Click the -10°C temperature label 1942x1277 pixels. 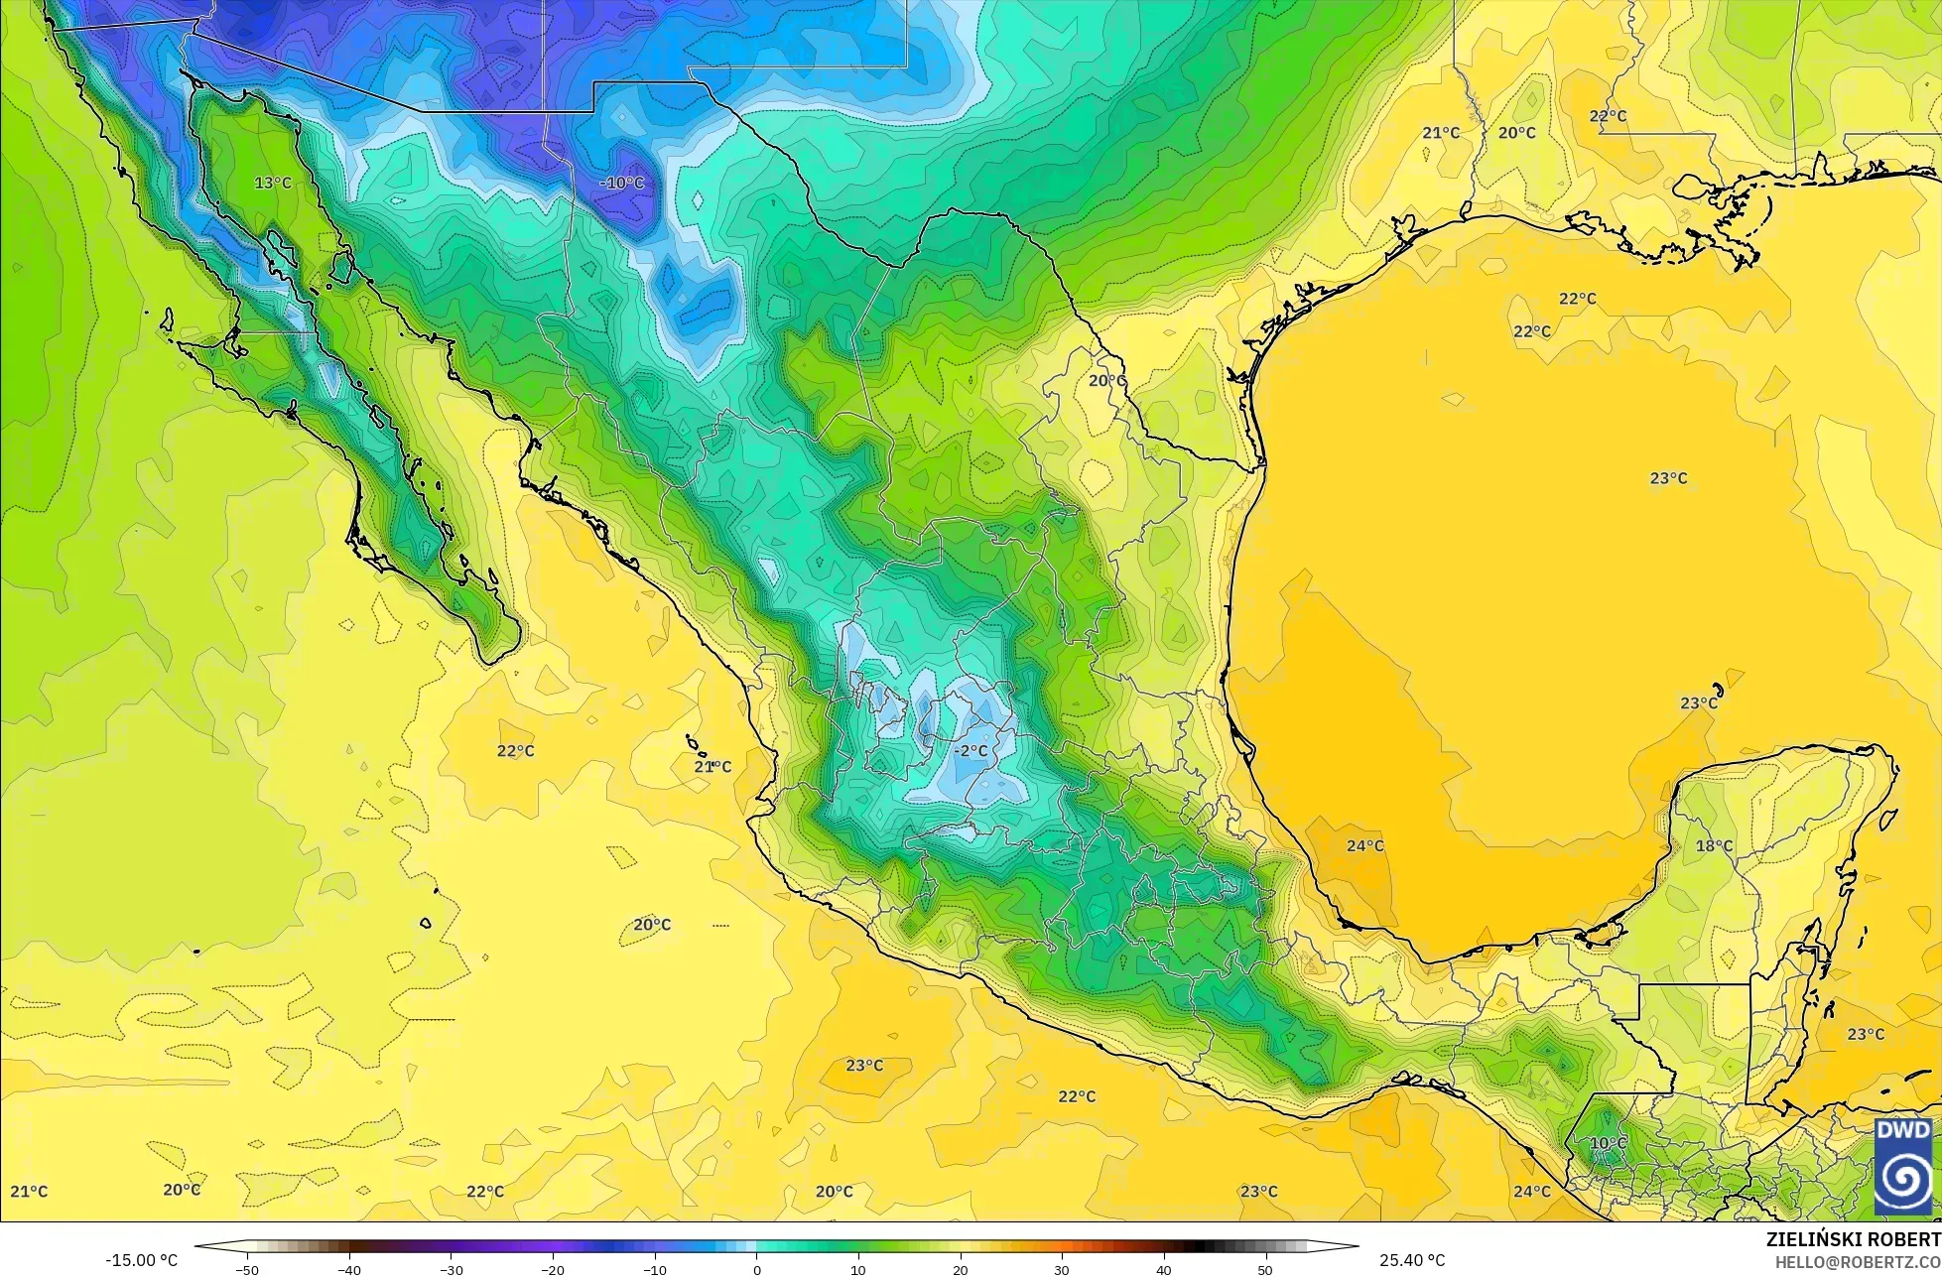(622, 184)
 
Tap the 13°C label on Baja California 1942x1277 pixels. (273, 184)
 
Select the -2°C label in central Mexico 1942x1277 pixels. (971, 751)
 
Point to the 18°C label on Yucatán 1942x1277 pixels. (1714, 846)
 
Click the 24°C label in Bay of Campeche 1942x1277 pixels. (1365, 846)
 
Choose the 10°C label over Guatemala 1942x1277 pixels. (1609, 1143)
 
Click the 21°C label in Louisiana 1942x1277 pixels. (1441, 133)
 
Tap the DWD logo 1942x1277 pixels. (1903, 1167)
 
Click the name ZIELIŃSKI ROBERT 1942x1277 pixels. (1853, 1239)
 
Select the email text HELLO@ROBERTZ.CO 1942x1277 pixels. (1858, 1262)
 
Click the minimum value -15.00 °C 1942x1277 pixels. (141, 1260)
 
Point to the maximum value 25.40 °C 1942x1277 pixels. (1412, 1260)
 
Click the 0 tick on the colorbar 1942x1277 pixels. (756, 1269)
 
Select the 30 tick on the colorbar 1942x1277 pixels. (1062, 1269)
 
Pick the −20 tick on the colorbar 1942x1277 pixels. (552, 1269)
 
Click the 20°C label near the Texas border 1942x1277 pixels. (1107, 381)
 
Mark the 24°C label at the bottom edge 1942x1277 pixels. (1532, 1192)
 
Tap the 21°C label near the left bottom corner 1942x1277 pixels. (29, 1192)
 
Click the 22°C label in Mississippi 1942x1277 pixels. (1608, 116)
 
